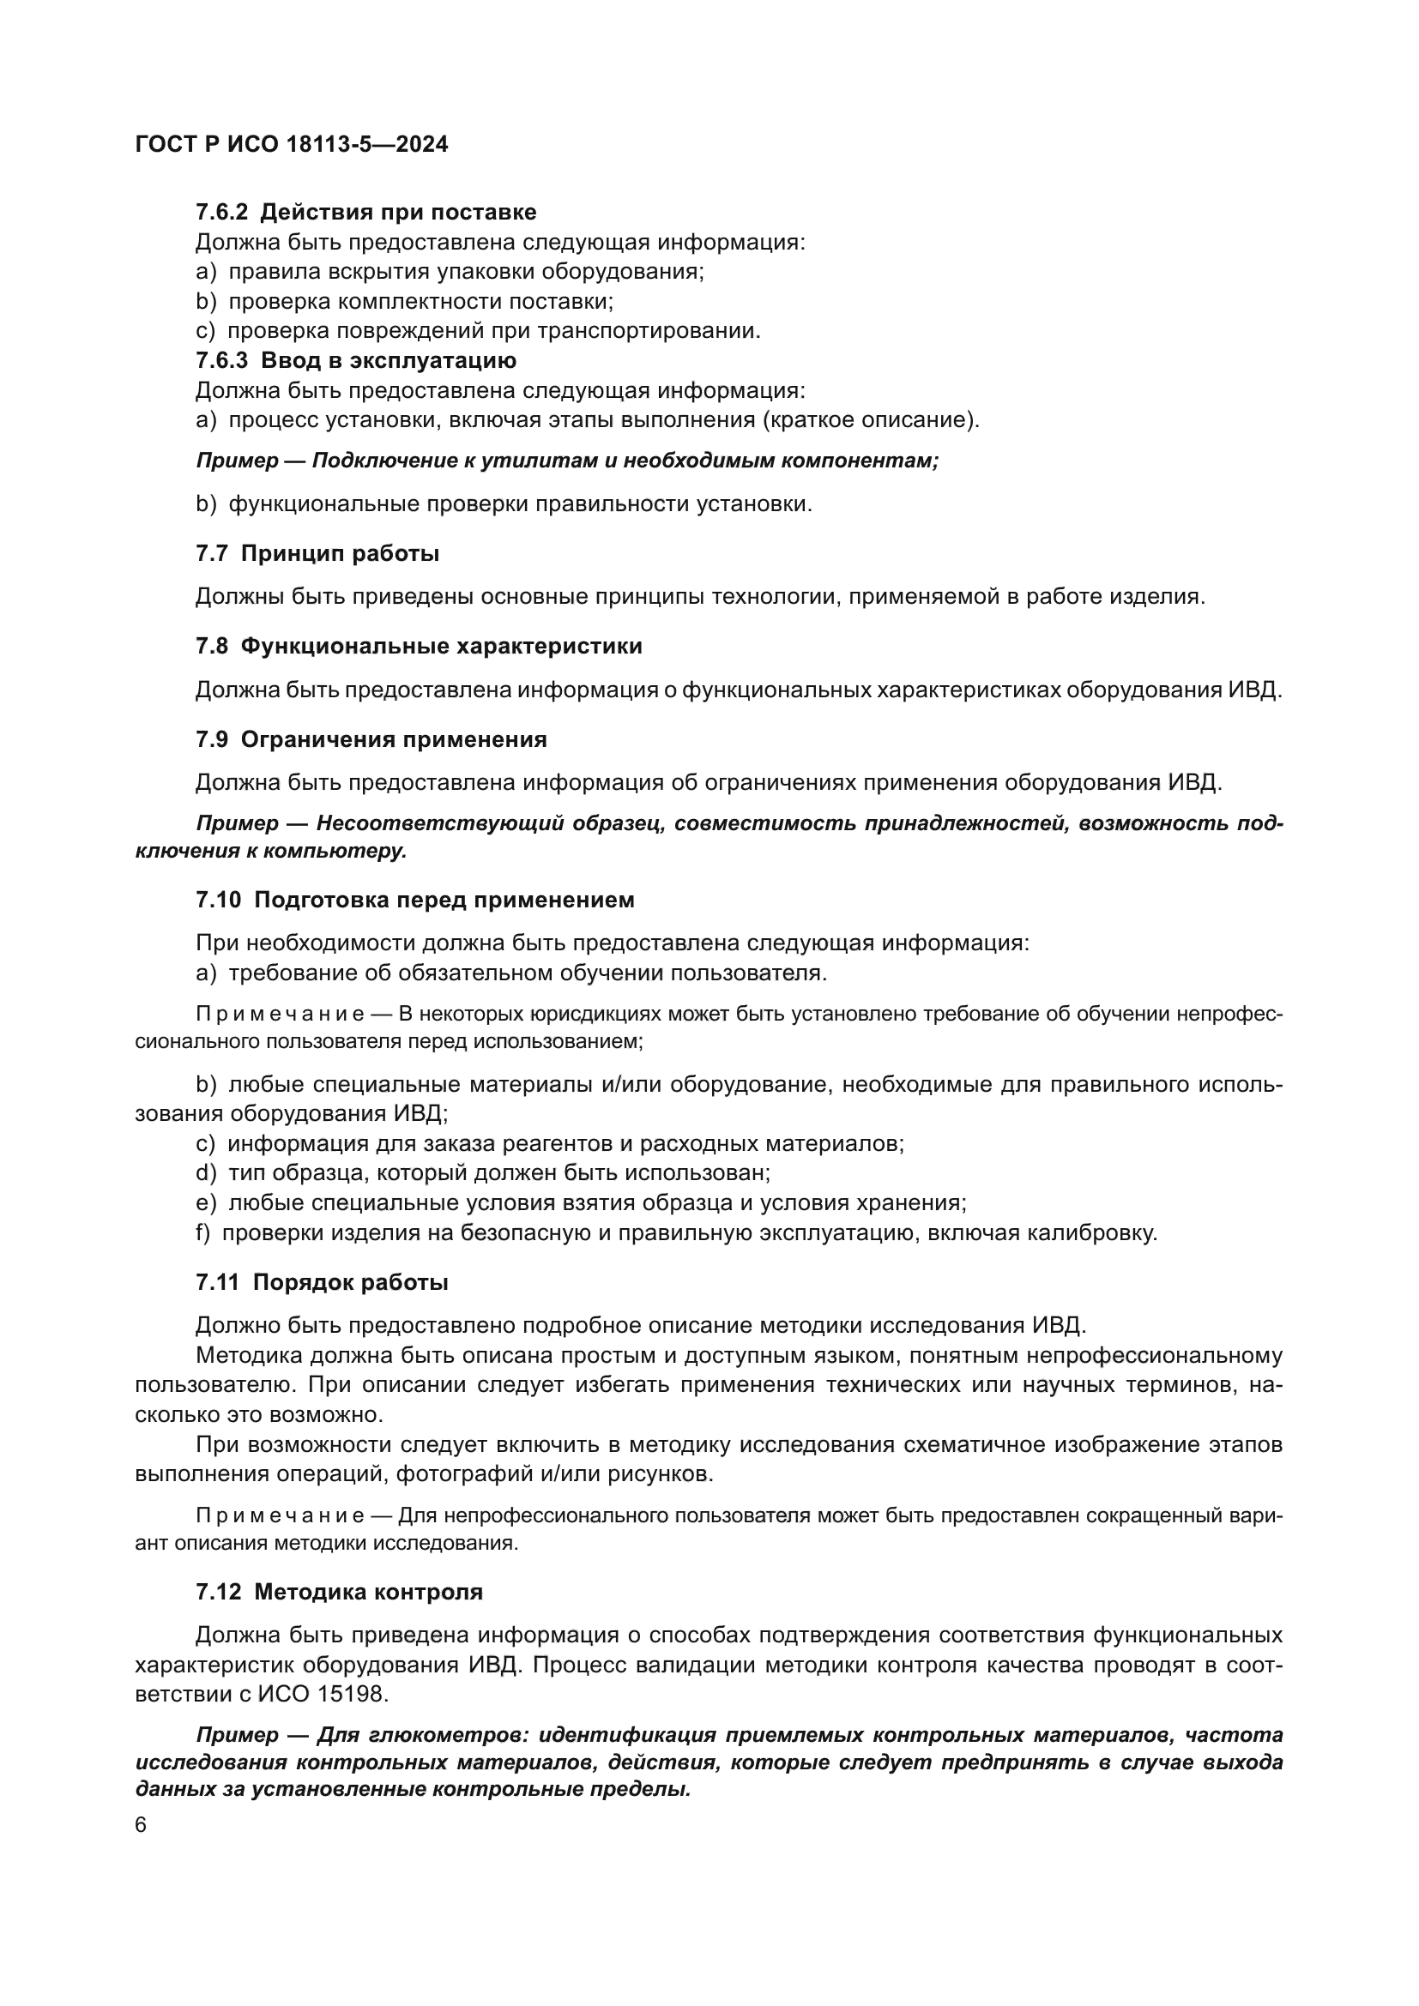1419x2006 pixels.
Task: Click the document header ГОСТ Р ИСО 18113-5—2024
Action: point(292,145)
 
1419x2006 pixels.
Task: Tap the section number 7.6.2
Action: point(222,213)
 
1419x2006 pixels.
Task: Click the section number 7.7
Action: point(211,553)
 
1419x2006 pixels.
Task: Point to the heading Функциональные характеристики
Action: point(441,646)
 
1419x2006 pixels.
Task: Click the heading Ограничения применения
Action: point(393,739)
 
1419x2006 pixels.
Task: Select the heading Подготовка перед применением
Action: point(444,900)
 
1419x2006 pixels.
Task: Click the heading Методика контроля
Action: point(368,1592)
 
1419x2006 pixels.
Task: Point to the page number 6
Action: point(142,1826)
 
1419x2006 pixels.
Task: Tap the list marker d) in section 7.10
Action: point(205,1173)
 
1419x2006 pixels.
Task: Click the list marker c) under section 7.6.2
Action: point(205,331)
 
